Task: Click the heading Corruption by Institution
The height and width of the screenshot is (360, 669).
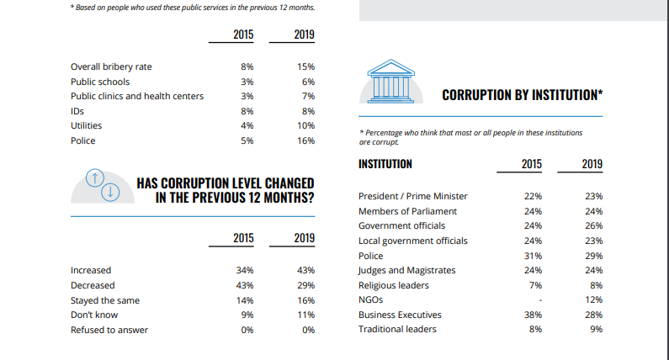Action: tap(523, 93)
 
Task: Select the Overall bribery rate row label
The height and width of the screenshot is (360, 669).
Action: tap(111, 66)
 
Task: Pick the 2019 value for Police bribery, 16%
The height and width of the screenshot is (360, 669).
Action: tap(305, 141)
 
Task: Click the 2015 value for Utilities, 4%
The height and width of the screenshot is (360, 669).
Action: tap(247, 126)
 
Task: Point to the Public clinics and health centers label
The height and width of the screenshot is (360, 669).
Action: tap(136, 96)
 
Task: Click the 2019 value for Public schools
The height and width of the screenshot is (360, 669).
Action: tap(307, 82)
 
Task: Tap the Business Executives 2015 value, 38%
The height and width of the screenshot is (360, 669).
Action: tap(532, 315)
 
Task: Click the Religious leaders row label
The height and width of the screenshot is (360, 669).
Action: tap(395, 285)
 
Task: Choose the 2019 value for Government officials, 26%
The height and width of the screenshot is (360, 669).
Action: tap(593, 226)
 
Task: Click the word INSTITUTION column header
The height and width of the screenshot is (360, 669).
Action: tap(385, 164)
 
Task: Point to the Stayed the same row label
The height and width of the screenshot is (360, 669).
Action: tap(105, 300)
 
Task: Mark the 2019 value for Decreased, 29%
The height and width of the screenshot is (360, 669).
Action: tap(305, 285)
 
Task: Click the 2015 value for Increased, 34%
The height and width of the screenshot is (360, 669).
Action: tap(245, 270)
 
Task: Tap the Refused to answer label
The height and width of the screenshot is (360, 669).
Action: tap(109, 330)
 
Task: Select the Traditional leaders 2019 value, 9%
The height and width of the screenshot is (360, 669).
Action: tap(596, 330)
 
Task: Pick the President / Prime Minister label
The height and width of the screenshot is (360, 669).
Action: tap(412, 196)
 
